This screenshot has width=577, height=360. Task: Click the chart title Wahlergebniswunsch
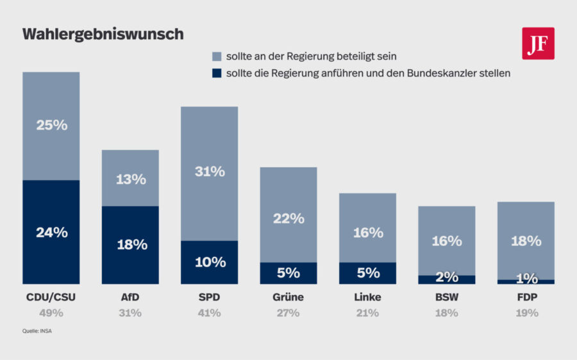point(103,35)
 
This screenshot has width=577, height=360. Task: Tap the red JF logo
point(538,44)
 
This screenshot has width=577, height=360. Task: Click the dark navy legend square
point(216,73)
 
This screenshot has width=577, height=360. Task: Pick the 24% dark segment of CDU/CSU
point(51,232)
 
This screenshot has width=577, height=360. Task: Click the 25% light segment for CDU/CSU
point(51,126)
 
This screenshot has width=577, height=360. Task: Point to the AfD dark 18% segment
point(131,245)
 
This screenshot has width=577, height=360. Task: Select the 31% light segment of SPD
point(210,172)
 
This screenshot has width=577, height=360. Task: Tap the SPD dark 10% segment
point(210,262)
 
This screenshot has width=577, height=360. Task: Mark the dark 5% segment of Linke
point(367,273)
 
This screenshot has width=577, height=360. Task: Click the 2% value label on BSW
point(447,277)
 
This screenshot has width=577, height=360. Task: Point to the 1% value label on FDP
point(526,279)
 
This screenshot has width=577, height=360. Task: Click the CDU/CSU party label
point(51,297)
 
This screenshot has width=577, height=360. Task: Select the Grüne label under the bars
point(288,297)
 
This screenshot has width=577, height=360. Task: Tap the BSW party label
point(447,297)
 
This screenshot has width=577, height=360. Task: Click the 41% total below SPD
point(210,313)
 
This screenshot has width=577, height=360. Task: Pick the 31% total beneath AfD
point(131,313)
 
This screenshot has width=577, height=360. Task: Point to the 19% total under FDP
point(526,313)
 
